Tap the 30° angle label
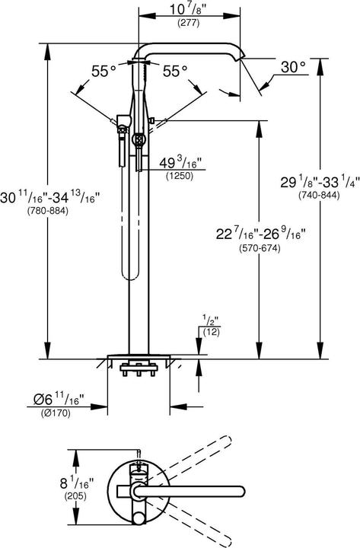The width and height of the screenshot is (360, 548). [x=292, y=68]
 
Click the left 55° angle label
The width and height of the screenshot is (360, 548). [x=104, y=71]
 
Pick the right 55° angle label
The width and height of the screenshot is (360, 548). [x=174, y=71]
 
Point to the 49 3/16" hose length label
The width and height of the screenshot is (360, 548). [x=179, y=161]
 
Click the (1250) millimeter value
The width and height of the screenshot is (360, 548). [x=179, y=176]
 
